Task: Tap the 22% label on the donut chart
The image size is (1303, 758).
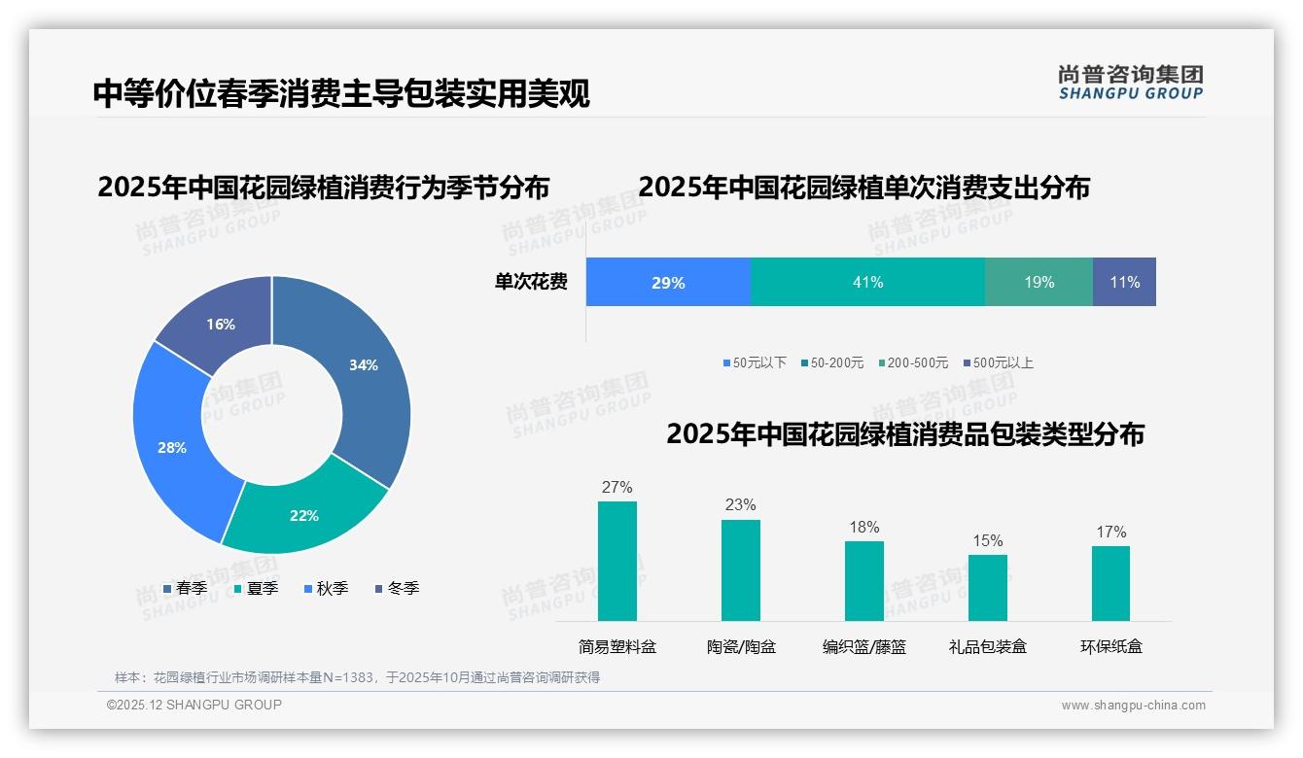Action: [304, 515]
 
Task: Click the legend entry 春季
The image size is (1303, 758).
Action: [186, 588]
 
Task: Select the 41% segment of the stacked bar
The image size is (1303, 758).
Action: [867, 282]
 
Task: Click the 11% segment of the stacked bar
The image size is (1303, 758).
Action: [1124, 282]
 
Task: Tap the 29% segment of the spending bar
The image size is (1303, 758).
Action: [668, 282]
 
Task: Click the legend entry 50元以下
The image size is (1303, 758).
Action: [755, 362]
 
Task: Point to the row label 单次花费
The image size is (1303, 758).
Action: [531, 282]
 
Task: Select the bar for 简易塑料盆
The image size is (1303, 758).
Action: [617, 561]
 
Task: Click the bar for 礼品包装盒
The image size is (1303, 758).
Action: [988, 587]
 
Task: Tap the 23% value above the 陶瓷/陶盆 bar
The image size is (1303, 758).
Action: [740, 504]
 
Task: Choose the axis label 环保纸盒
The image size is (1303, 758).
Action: [1110, 646]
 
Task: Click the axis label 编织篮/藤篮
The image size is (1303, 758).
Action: [864, 646]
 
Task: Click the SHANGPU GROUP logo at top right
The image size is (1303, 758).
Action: [1131, 82]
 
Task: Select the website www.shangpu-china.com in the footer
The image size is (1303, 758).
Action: [1133, 706]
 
